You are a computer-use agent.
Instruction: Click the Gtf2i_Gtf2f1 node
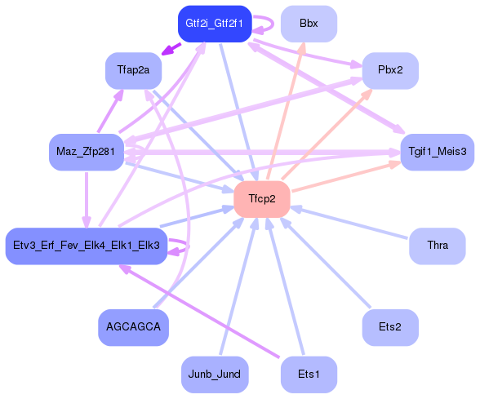tap(214, 23)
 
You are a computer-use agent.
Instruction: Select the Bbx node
tap(309, 24)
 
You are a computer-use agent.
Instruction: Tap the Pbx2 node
tap(390, 71)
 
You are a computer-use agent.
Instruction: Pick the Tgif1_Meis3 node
tap(438, 152)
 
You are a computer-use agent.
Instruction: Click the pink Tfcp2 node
tap(262, 199)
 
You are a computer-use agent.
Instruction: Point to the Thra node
tap(438, 245)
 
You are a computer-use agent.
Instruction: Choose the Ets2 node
tap(390, 326)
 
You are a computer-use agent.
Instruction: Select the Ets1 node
tap(309, 374)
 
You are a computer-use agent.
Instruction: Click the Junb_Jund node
tap(214, 374)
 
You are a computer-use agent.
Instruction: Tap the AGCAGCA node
tap(133, 326)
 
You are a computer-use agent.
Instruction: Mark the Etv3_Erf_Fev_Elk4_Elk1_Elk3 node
tap(86, 245)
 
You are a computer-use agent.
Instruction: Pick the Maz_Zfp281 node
tap(86, 152)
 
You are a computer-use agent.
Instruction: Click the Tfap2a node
tap(133, 71)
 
